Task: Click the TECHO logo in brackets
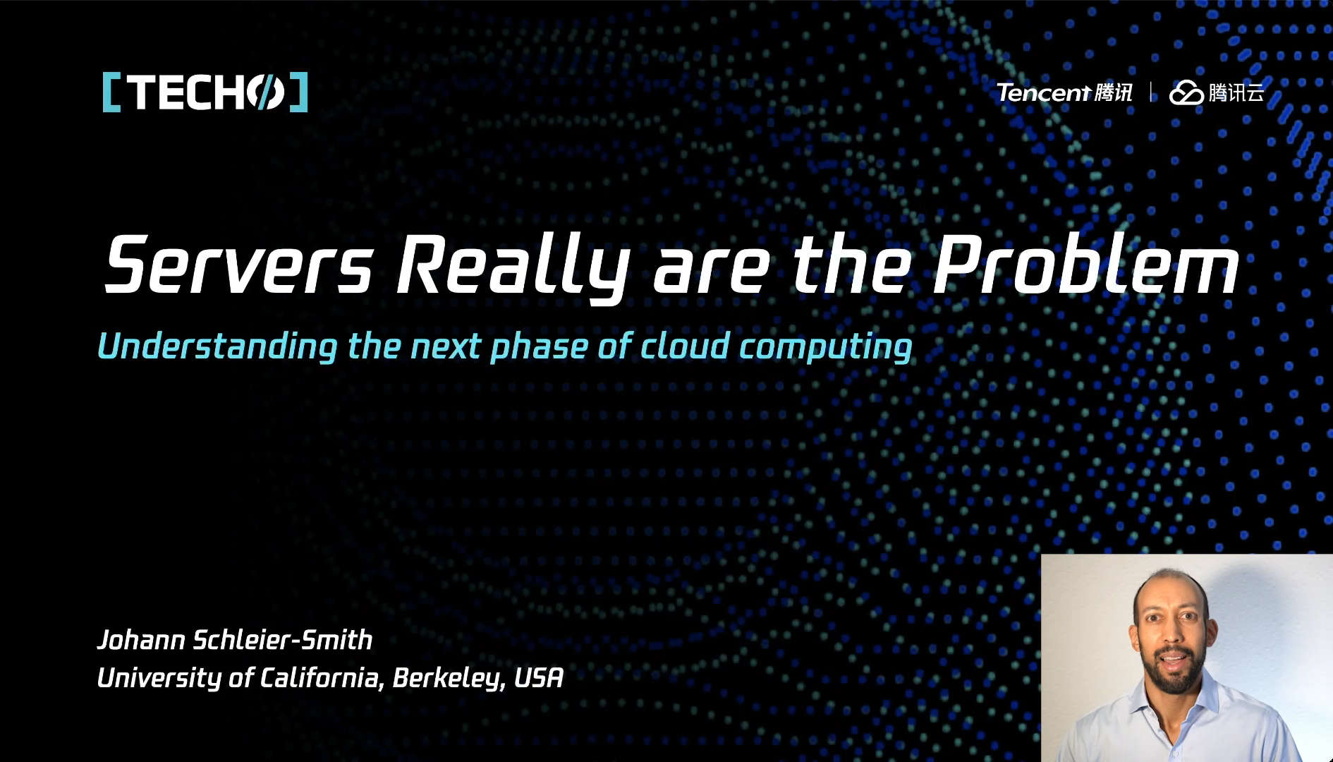pyautogui.click(x=205, y=92)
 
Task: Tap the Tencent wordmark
pyautogui.click(x=1045, y=92)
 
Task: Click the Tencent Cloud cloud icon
pyautogui.click(x=1186, y=92)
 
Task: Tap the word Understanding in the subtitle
pyautogui.click(x=217, y=346)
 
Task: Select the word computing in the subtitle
pyautogui.click(x=826, y=347)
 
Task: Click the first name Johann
pyautogui.click(x=141, y=639)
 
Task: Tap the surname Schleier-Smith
pyautogui.click(x=283, y=639)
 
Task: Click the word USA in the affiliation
pyautogui.click(x=539, y=677)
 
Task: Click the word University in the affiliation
pyautogui.click(x=159, y=678)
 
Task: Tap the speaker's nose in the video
pyautogui.click(x=1170, y=637)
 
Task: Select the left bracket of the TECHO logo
pyautogui.click(x=111, y=92)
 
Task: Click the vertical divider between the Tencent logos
pyautogui.click(x=1152, y=92)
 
